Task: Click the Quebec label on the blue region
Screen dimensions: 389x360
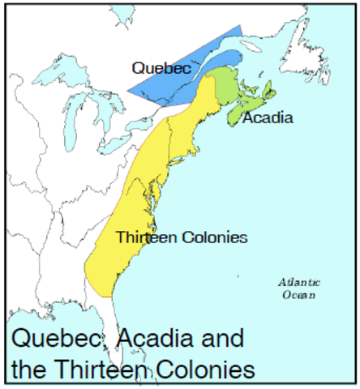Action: click(x=162, y=69)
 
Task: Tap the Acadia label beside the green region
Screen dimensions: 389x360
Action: click(x=268, y=118)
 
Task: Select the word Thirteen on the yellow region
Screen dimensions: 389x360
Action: click(x=145, y=237)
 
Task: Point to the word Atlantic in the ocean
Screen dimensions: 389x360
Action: click(x=298, y=283)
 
